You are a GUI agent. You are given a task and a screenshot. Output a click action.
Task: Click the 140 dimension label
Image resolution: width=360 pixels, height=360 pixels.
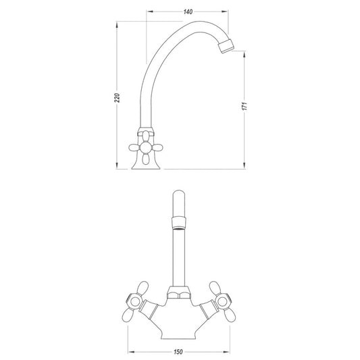(x=188, y=11)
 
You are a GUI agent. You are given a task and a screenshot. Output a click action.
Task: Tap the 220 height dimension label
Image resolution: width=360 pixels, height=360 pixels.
(x=117, y=98)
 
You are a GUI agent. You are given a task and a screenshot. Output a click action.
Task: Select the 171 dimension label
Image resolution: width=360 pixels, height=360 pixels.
(x=245, y=106)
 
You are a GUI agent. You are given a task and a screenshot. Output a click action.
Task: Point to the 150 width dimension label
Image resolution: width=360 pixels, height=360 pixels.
(x=178, y=352)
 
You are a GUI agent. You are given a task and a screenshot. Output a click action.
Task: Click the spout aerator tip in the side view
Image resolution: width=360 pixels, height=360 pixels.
(x=226, y=47)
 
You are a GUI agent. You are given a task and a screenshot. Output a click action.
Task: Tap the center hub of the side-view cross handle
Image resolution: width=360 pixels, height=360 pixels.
(x=146, y=147)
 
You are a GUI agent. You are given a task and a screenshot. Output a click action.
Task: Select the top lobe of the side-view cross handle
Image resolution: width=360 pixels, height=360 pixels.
(x=146, y=136)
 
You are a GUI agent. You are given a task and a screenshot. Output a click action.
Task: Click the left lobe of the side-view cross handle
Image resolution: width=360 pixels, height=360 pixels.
(x=134, y=147)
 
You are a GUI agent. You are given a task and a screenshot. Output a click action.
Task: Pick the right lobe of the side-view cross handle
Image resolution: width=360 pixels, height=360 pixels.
(x=157, y=147)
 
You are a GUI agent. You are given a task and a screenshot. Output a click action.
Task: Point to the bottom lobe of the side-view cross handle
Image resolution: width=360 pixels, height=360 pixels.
(x=146, y=159)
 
